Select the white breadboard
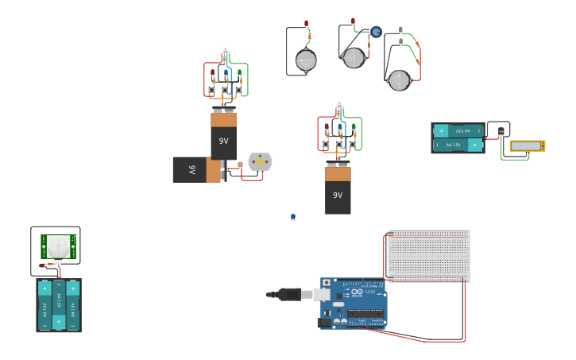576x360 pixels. [429, 256]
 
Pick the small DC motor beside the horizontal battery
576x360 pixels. [260, 162]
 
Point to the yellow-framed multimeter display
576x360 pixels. [527, 146]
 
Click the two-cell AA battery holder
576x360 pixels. [458, 137]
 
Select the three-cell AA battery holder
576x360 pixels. [58, 305]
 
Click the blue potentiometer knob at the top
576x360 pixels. [377, 32]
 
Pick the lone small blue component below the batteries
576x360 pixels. [292, 217]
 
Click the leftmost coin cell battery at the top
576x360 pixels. [306, 60]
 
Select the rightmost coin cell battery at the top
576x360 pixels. [399, 79]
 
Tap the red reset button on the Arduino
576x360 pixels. [326, 283]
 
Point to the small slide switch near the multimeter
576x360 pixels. [501, 131]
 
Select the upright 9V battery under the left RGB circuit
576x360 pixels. [223, 136]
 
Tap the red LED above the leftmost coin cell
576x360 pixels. [306, 24]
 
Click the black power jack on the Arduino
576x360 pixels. [324, 322]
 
